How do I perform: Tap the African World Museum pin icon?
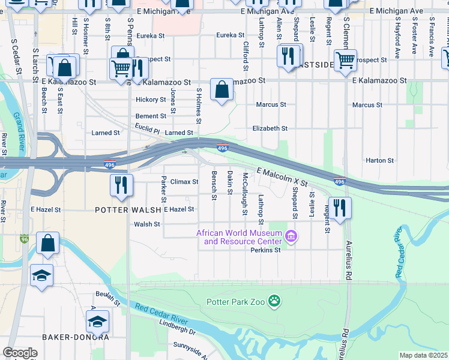pos(291,236)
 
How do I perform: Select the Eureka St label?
pos(149,36)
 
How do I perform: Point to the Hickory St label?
pos(151,100)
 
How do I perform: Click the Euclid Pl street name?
pos(148,130)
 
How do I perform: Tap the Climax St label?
pos(184,182)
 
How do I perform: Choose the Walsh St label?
pos(147,224)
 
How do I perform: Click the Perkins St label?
pos(266,250)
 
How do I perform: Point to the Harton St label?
pos(379,161)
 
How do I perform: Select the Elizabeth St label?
pos(270,128)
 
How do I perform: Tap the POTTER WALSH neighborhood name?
pos(128,209)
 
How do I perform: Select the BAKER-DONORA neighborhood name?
pos(70,337)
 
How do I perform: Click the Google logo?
pos(20,353)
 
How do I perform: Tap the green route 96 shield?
pos(24,239)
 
